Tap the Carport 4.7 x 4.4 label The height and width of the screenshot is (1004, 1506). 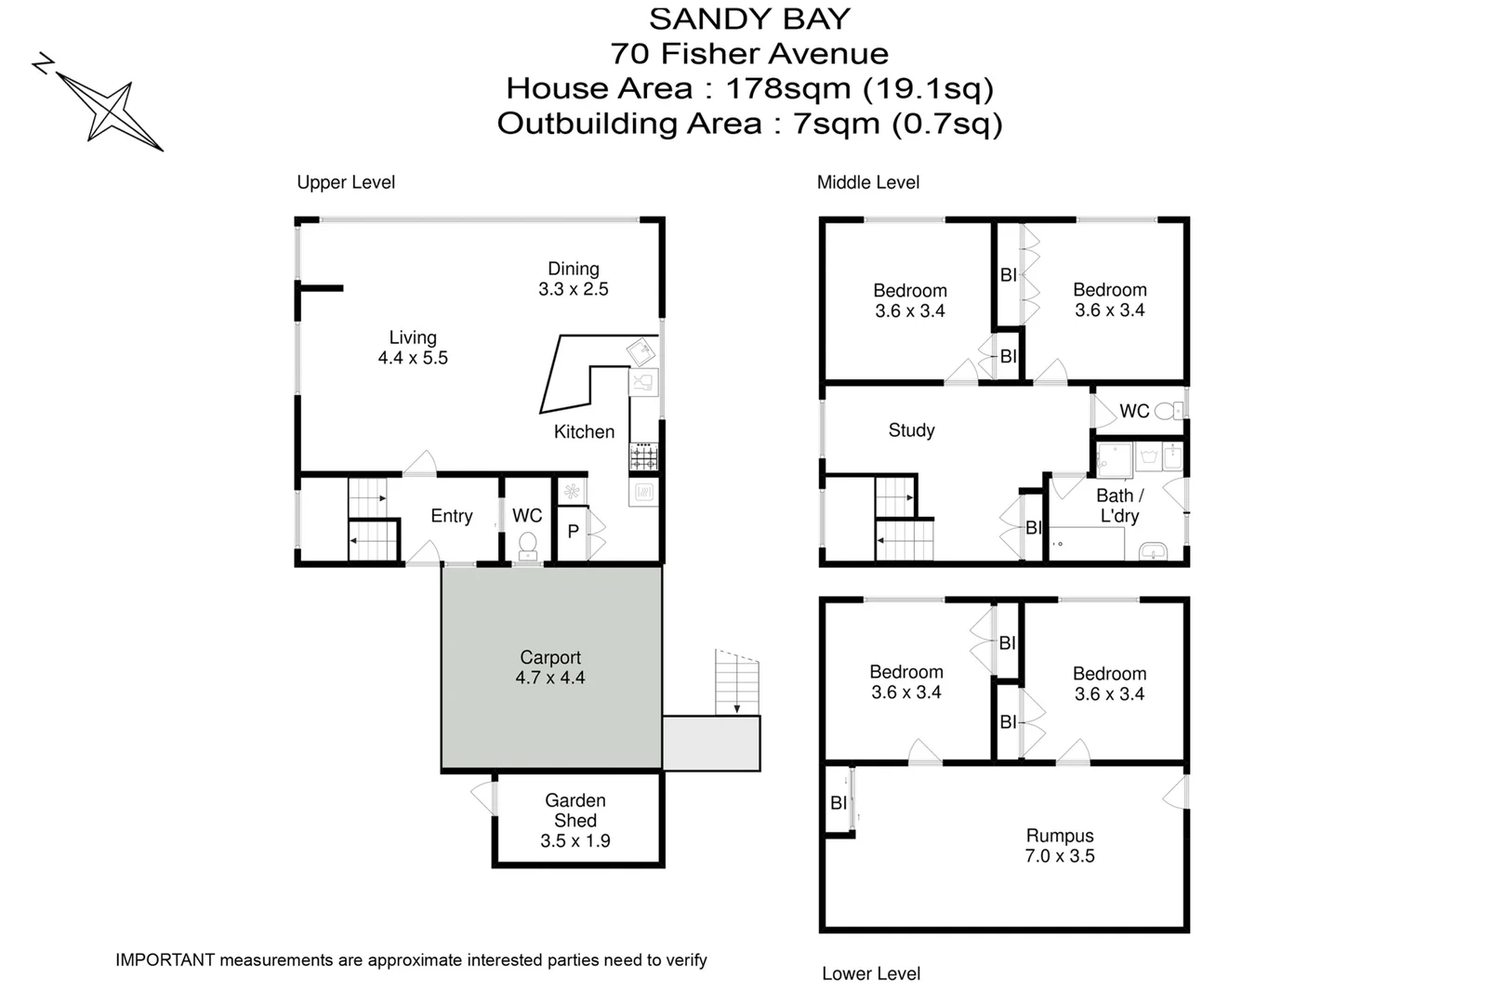click(x=550, y=667)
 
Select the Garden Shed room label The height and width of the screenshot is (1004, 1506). click(x=575, y=811)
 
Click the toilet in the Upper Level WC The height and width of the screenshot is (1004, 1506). click(x=527, y=543)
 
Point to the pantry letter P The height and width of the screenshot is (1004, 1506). click(x=574, y=532)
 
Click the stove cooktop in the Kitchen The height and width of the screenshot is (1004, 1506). click(x=643, y=456)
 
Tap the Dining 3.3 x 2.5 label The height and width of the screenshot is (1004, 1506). click(x=574, y=279)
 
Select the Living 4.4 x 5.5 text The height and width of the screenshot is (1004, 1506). click(x=413, y=348)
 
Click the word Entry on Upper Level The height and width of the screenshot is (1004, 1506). click(x=452, y=516)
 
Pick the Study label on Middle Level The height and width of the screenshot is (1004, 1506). click(x=911, y=430)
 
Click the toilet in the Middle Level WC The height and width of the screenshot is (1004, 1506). click(x=1168, y=410)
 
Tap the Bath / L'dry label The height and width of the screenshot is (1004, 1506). click(x=1119, y=506)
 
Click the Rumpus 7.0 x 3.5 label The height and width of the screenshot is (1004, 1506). click(x=1060, y=846)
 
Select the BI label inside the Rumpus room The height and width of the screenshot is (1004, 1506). click(x=839, y=803)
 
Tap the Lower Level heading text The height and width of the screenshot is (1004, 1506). click(x=871, y=973)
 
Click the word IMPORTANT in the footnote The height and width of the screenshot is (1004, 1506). click(x=165, y=960)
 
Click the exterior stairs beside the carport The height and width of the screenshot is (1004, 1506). click(x=736, y=682)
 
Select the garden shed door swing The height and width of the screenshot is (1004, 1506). click(x=484, y=797)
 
